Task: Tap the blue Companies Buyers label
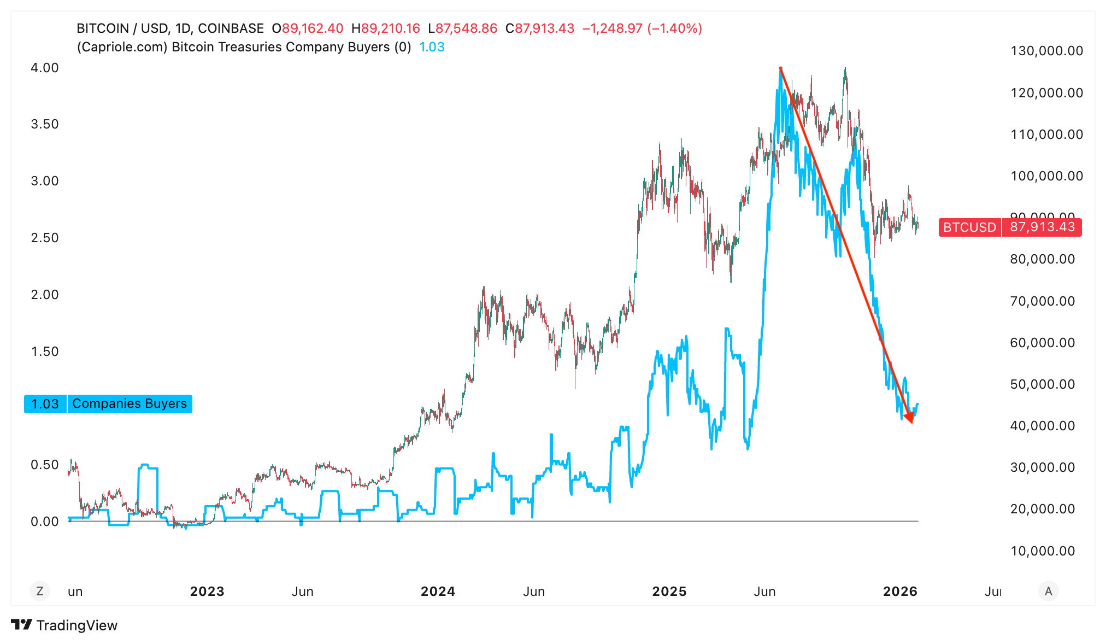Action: [x=130, y=403]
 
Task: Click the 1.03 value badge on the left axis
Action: [x=45, y=403]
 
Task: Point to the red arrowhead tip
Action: [x=911, y=422]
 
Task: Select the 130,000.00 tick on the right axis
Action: [x=1046, y=51]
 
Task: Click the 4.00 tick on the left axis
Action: [x=45, y=68]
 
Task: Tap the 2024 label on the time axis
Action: [x=438, y=592]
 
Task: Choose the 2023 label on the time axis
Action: [x=207, y=592]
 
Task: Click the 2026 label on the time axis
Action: [x=900, y=592]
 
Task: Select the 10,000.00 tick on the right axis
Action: [x=1043, y=551]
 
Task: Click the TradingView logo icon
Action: [x=22, y=625]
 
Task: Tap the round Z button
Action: [x=40, y=591]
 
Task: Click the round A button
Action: [x=1048, y=591]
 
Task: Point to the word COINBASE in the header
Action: [x=231, y=28]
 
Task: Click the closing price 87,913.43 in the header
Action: [x=544, y=28]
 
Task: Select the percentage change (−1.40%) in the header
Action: [x=674, y=28]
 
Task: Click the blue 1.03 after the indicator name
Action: [x=432, y=47]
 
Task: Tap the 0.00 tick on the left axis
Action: [x=45, y=522]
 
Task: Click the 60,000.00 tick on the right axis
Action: [x=1043, y=343]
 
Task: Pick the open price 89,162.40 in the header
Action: [x=313, y=28]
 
